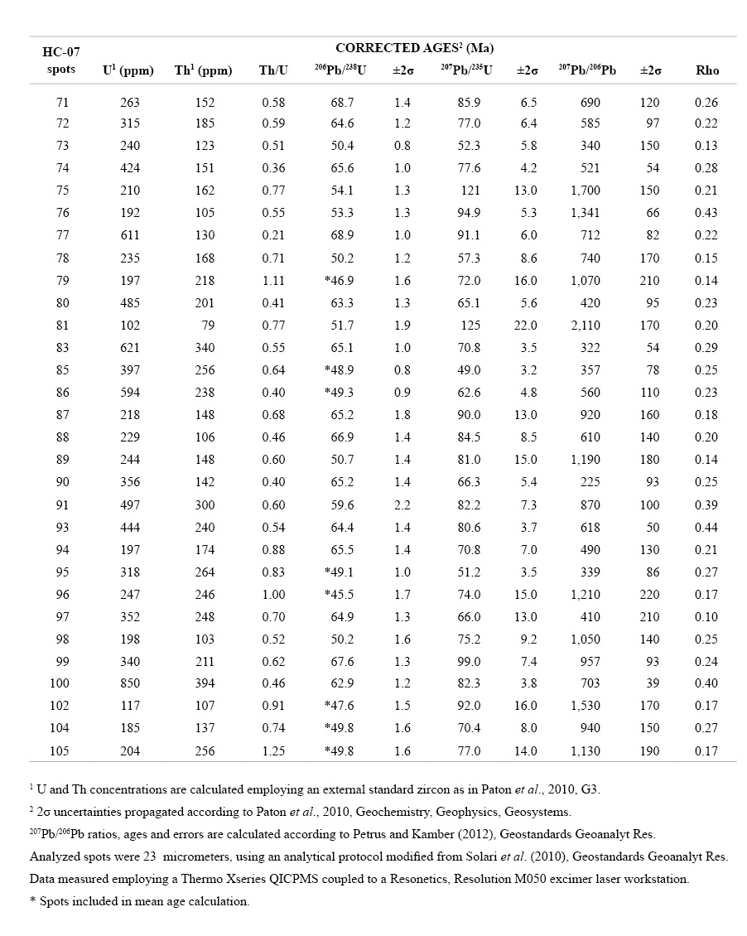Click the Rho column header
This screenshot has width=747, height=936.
707,70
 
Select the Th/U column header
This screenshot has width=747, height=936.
273,70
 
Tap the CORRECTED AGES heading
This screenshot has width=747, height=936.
414,48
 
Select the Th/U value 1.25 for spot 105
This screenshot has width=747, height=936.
273,750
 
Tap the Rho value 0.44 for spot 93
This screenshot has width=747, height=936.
707,527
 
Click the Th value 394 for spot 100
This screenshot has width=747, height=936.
204,683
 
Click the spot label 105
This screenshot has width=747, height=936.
60,750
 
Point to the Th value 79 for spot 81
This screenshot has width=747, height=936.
207,326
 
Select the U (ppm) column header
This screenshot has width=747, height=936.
128,70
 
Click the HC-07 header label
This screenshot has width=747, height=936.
61,52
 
